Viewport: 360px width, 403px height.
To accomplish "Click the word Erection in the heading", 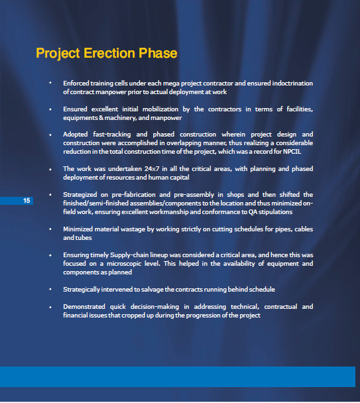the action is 109,53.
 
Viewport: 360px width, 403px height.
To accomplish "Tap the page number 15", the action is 27,200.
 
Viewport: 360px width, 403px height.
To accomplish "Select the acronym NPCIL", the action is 292,152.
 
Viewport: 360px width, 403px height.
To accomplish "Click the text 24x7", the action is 152,169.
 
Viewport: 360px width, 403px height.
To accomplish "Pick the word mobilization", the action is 160,109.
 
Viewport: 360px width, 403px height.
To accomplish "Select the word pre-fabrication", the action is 134,195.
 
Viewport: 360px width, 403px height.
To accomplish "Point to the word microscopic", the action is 124,264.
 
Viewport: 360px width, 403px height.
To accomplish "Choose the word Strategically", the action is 82,290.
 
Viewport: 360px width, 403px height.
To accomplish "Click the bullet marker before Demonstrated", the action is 50,307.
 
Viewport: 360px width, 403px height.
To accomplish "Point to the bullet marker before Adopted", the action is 50,135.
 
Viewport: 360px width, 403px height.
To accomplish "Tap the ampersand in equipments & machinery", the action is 101,118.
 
